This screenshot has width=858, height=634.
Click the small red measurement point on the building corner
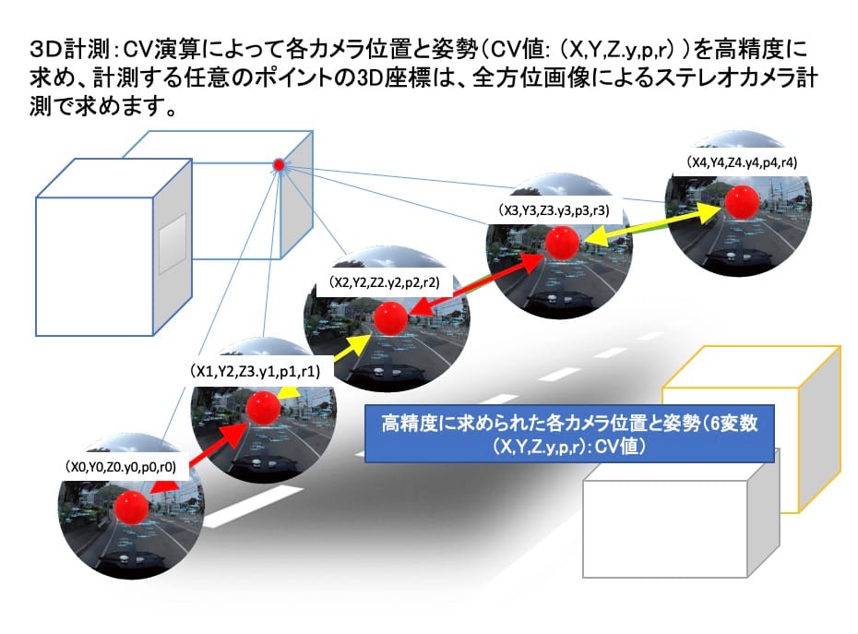click(x=279, y=164)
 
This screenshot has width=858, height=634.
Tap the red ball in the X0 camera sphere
click(x=131, y=508)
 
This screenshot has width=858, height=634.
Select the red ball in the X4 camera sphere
click(x=742, y=202)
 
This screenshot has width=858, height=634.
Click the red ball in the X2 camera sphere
click(x=390, y=318)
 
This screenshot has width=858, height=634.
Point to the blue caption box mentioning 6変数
click(x=569, y=434)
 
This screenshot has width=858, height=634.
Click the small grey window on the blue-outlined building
click(x=173, y=243)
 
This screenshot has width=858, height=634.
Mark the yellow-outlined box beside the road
click(x=751, y=429)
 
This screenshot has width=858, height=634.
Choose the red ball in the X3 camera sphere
click(x=562, y=243)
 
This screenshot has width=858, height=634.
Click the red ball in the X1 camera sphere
click(x=263, y=408)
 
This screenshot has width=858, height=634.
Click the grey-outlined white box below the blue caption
click(x=681, y=519)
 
